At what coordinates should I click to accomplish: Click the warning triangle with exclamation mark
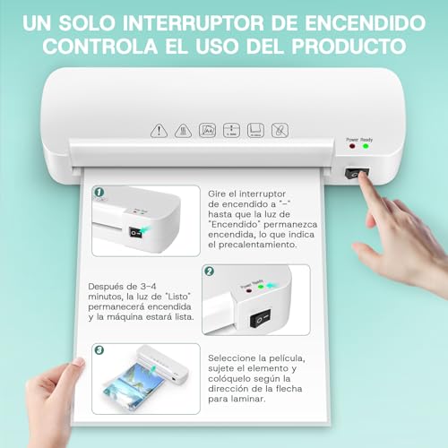[x=158, y=130]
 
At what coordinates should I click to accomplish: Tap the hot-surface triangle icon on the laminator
[x=182, y=130]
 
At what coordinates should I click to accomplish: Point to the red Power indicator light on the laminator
[x=352, y=146]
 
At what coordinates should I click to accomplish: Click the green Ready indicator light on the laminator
[x=366, y=146]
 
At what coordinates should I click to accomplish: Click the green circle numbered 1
[x=99, y=192]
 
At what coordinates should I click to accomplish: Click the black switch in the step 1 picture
[x=135, y=232]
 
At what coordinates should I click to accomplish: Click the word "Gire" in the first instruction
[x=220, y=194]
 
